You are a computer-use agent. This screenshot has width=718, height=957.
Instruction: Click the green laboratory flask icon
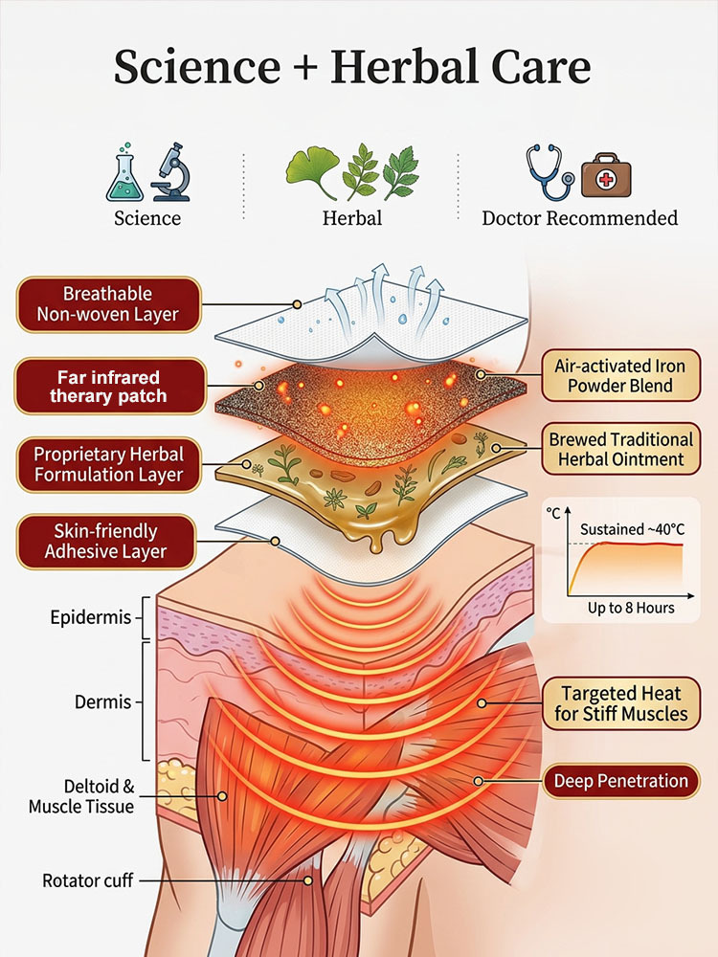tap(126, 175)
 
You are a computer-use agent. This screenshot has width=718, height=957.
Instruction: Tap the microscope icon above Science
tap(169, 172)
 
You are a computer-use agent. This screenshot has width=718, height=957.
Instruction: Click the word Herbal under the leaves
tap(351, 218)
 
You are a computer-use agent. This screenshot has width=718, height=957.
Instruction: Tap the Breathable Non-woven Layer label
tap(107, 303)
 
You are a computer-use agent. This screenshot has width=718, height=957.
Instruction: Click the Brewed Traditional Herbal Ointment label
tap(620, 450)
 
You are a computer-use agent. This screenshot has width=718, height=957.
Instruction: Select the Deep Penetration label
tap(620, 781)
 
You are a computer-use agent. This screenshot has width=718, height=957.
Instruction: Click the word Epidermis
tap(90, 617)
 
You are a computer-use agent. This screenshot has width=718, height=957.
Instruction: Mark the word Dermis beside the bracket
tap(102, 701)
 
